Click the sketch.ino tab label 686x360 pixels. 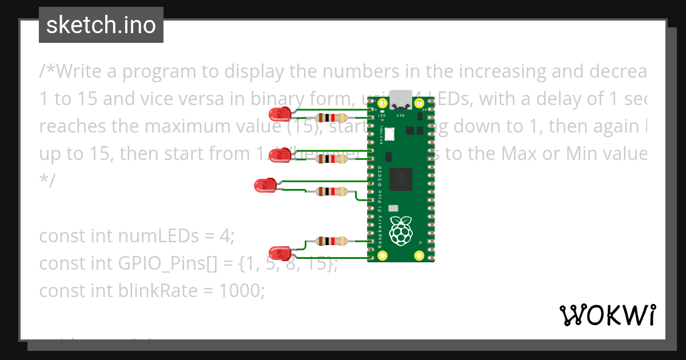101,25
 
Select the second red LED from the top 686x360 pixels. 280,155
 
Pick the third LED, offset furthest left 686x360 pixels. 265,185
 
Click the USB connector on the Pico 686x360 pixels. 401,99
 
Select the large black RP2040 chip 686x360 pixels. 401,179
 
